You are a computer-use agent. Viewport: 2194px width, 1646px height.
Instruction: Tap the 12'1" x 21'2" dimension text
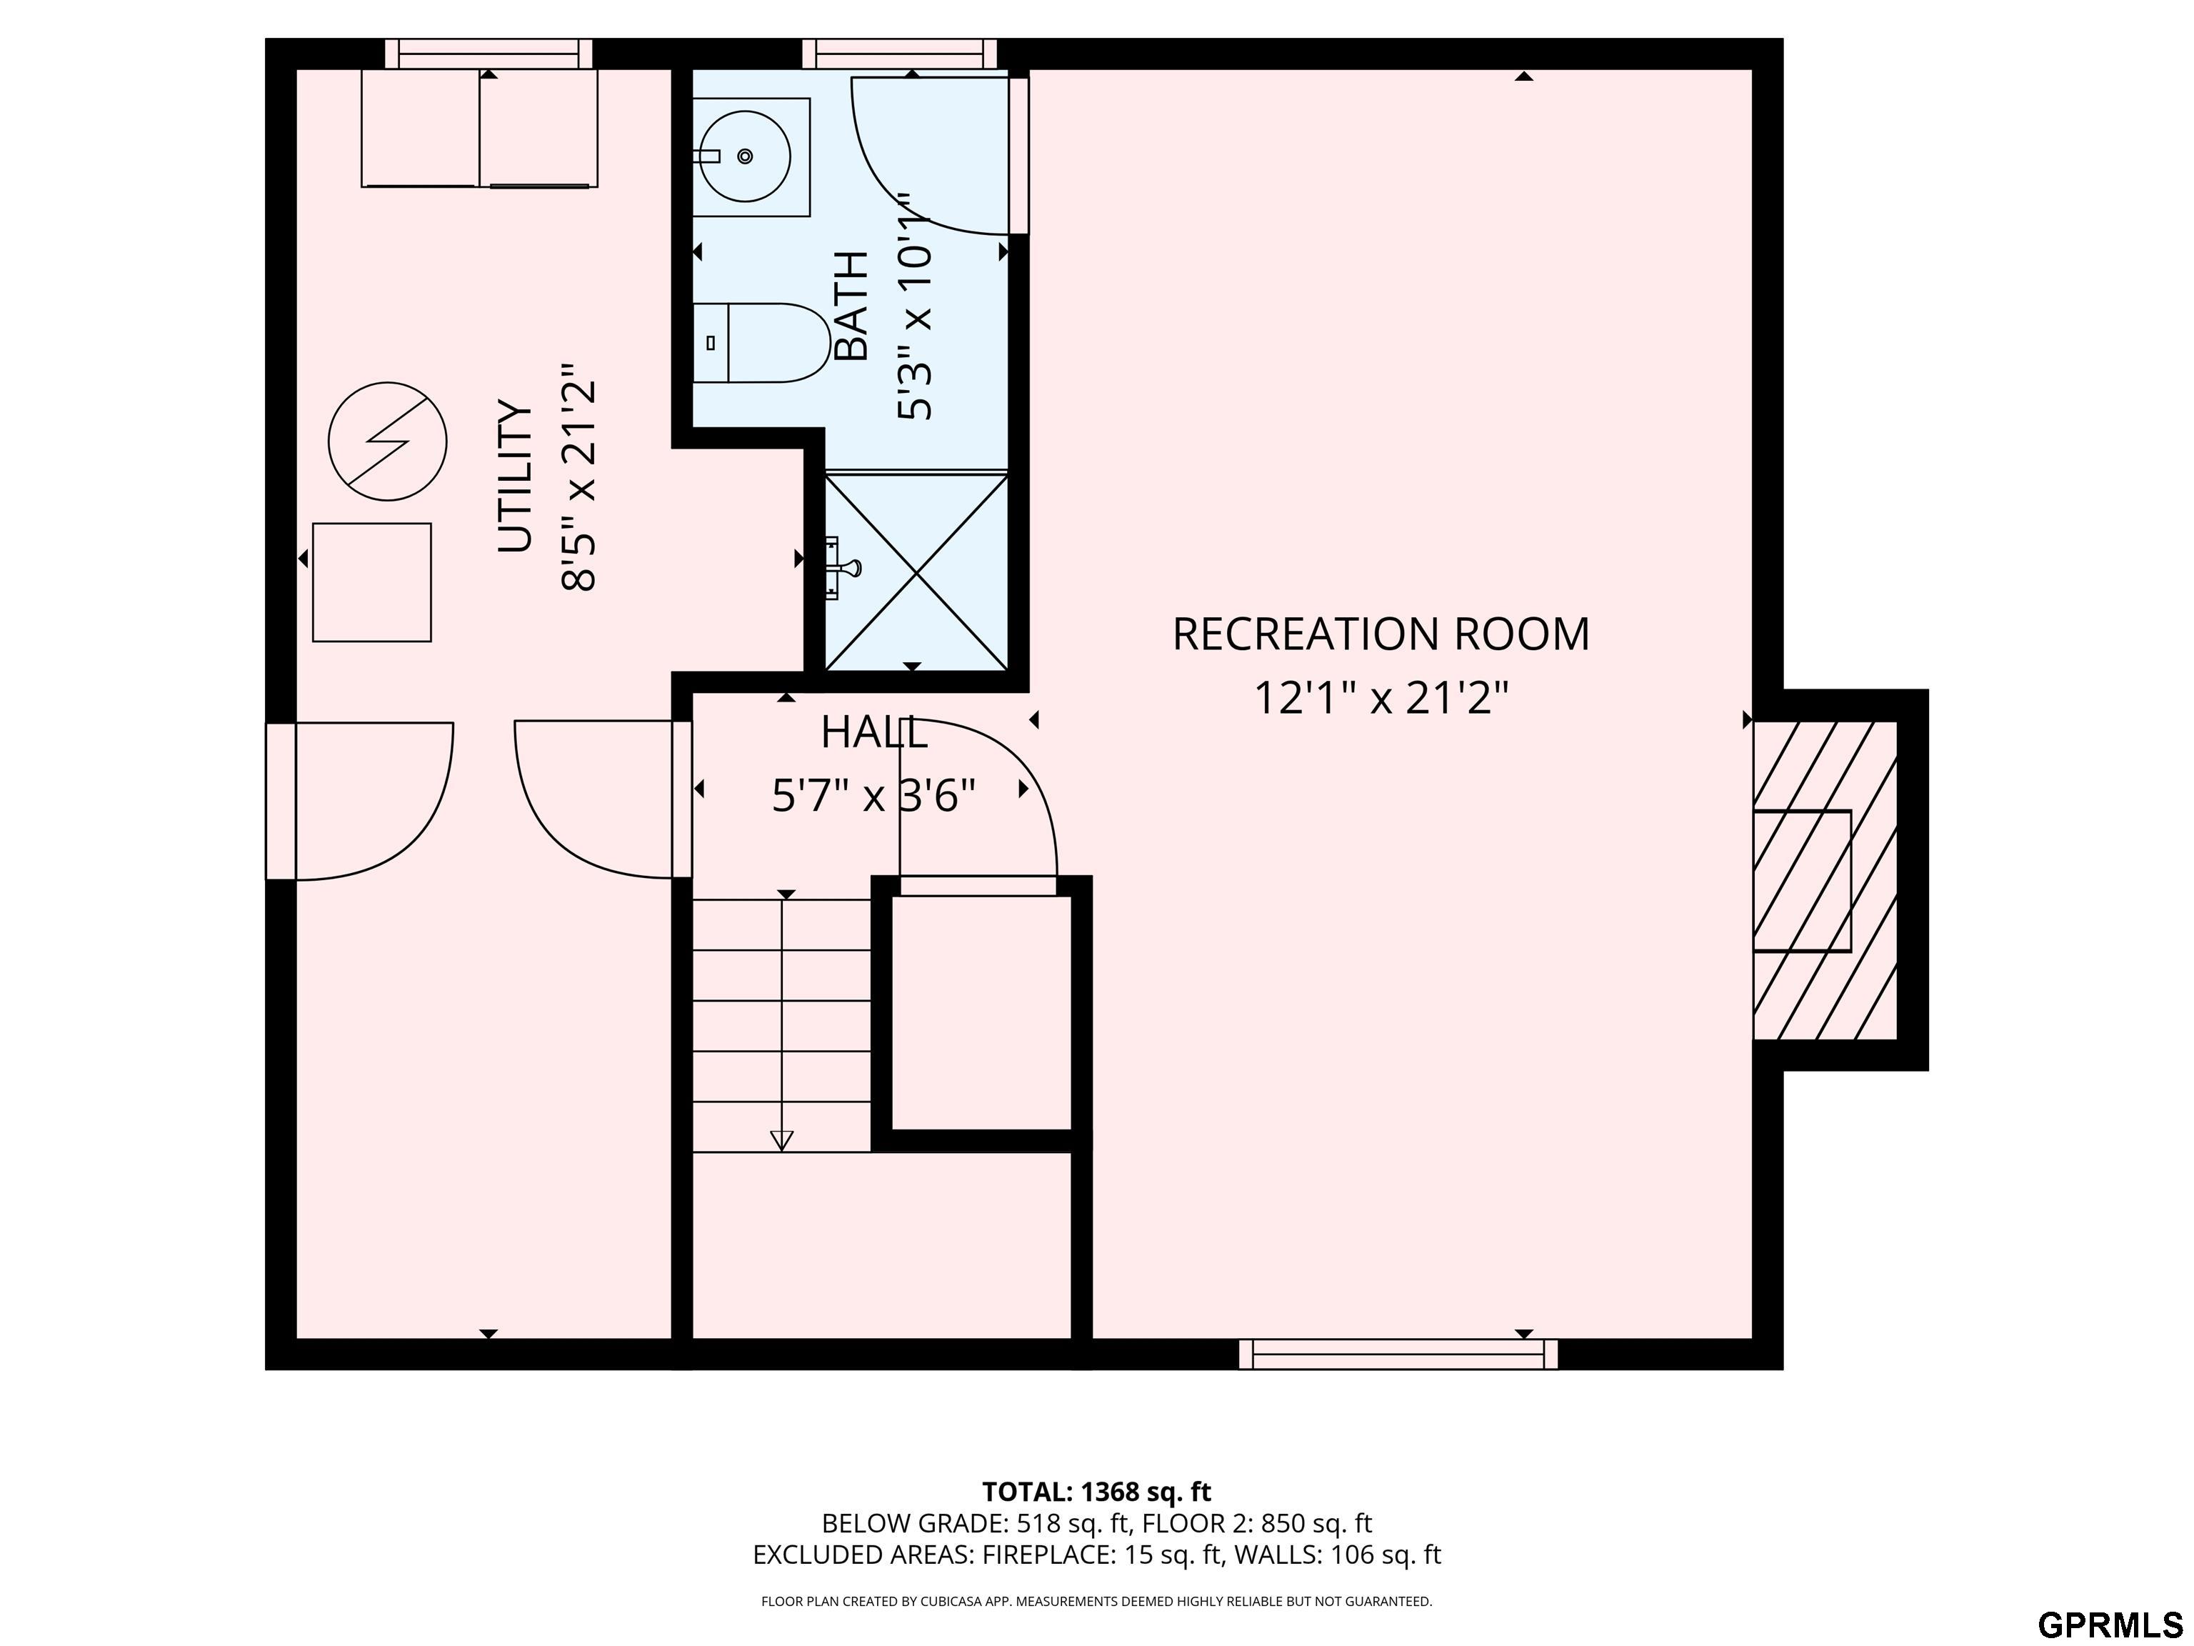coord(1381,697)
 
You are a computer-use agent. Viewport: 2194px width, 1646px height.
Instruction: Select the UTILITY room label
coord(516,477)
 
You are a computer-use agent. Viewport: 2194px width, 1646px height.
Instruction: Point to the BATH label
coord(851,306)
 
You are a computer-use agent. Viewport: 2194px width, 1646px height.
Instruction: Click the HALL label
coord(874,733)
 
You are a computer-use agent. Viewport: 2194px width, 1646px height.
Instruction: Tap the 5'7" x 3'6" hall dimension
coord(874,794)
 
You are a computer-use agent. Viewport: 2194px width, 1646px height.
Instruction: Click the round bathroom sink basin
coord(745,156)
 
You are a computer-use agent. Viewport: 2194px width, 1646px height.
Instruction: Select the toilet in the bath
coord(761,344)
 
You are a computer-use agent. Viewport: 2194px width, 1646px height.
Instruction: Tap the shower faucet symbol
coord(844,567)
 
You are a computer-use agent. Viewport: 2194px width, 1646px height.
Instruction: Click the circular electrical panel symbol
coord(388,442)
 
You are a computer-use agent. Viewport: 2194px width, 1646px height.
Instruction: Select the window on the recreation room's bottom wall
coord(1398,1355)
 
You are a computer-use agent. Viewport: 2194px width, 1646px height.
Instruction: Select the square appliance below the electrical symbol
coord(372,582)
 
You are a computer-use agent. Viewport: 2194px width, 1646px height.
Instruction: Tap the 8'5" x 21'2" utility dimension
coord(579,487)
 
